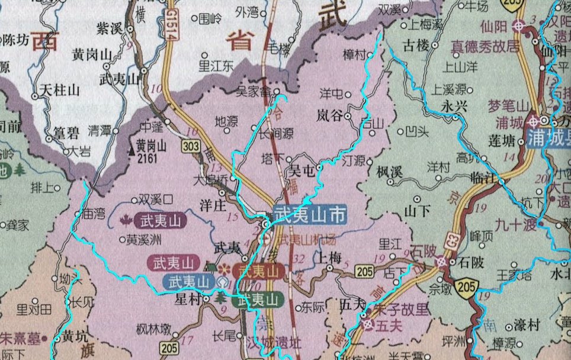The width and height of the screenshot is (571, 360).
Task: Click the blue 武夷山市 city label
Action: [x=310, y=215]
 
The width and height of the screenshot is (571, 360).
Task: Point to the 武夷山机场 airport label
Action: [x=307, y=240]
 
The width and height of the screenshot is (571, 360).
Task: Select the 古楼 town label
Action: [x=415, y=45]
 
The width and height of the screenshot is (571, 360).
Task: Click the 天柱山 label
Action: [x=59, y=91]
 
